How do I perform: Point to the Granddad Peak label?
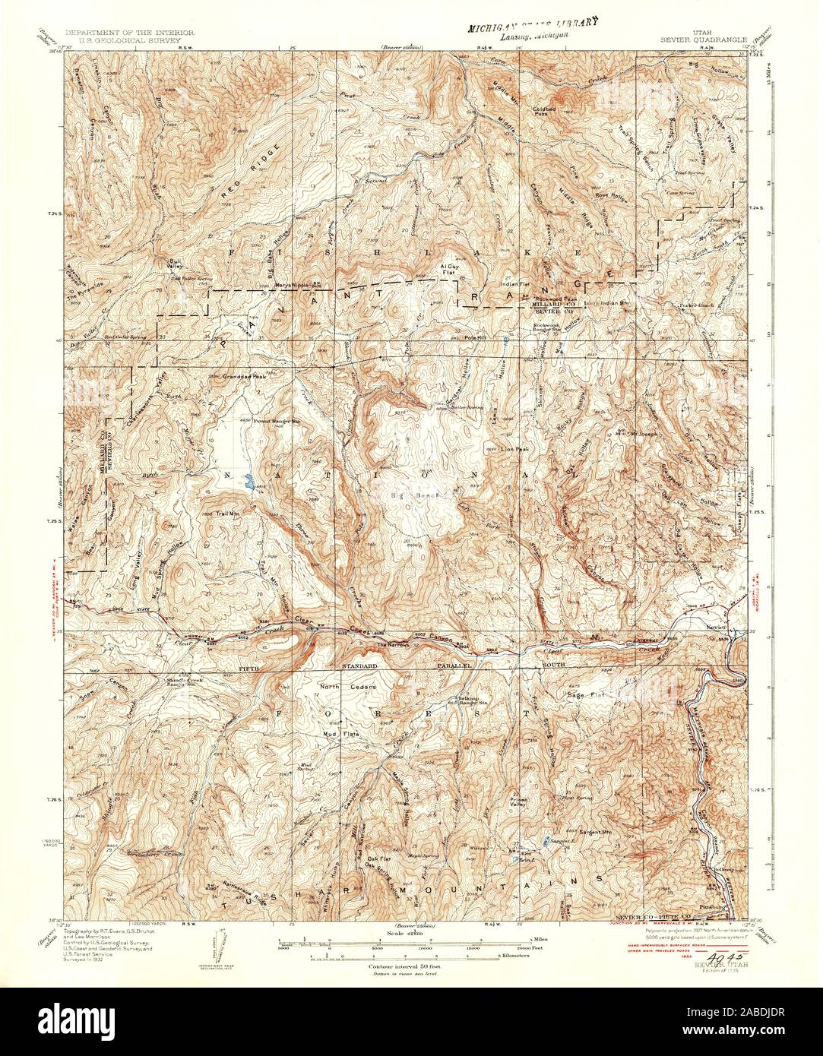click(x=242, y=376)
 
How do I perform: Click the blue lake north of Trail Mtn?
click(x=248, y=479)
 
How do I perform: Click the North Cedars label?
click(x=339, y=688)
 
